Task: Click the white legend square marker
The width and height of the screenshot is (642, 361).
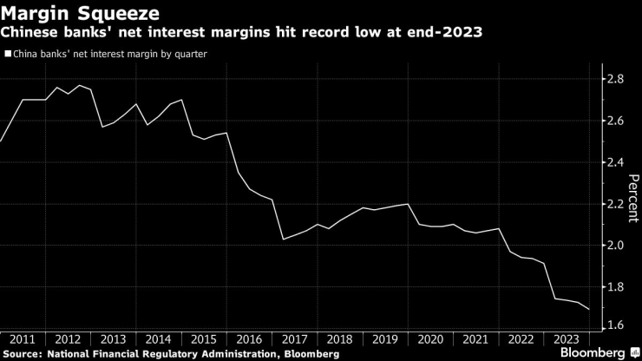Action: tap(8, 53)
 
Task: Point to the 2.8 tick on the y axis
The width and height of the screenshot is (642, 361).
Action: tap(615, 79)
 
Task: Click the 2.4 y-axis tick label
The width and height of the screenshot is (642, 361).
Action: tap(615, 162)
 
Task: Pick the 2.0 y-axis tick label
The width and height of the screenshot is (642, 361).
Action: tap(615, 246)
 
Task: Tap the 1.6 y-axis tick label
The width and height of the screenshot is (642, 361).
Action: tap(615, 325)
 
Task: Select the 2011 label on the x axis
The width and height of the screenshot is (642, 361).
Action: tap(23, 339)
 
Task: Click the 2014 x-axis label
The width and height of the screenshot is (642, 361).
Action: tap(159, 339)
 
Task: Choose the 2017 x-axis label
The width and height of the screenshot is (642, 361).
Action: tap(295, 339)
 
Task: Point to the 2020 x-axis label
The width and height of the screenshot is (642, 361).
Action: tap(430, 339)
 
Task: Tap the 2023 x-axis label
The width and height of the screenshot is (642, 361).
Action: tap(567, 339)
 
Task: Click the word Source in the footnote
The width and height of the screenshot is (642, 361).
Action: tap(24, 353)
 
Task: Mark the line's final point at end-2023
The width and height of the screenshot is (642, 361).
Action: tap(589, 309)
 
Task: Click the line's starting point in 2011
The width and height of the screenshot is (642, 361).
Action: tap(1, 141)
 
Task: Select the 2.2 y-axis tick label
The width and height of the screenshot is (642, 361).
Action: tap(615, 204)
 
